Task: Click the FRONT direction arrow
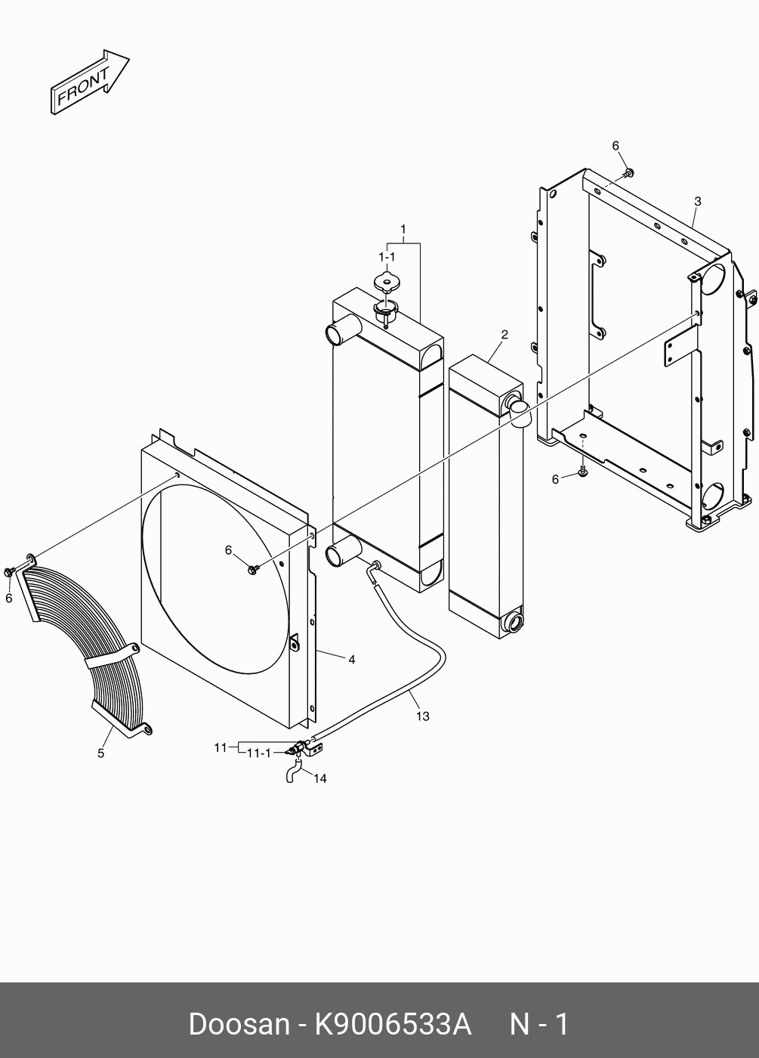click(x=89, y=84)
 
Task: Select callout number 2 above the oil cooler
click(x=504, y=335)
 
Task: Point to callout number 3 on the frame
click(x=697, y=202)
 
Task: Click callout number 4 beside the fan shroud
click(x=352, y=660)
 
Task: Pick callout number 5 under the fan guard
click(x=100, y=753)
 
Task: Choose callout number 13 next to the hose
click(x=422, y=716)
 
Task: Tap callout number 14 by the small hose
click(x=320, y=778)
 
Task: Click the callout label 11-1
click(x=258, y=753)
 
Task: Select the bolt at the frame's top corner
click(x=628, y=175)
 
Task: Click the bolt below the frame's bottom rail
click(x=583, y=472)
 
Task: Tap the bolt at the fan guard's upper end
click(x=9, y=571)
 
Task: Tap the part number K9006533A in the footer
click(x=393, y=1024)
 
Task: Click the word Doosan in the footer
click(x=238, y=1024)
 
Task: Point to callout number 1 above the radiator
click(x=403, y=229)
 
